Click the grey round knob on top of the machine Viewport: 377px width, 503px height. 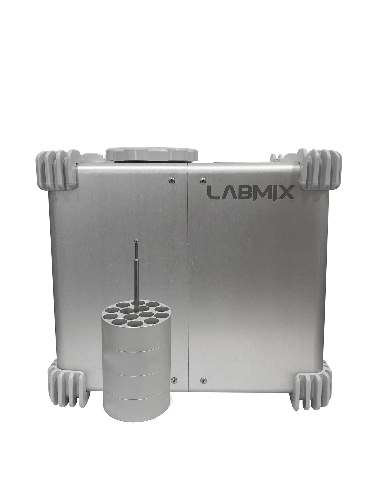(x=152, y=154)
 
